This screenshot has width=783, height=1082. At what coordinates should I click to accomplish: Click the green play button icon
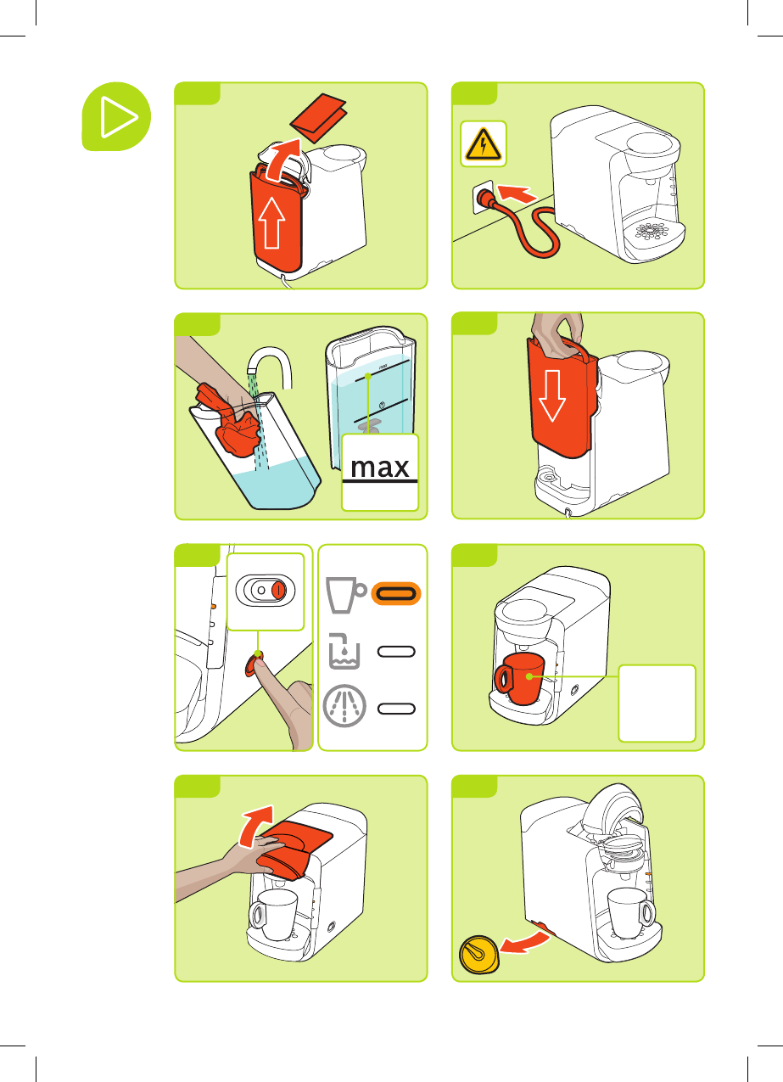[x=116, y=116]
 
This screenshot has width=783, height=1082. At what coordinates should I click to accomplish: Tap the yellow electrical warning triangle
[x=483, y=144]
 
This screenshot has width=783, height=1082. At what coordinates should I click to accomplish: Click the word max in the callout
[x=380, y=468]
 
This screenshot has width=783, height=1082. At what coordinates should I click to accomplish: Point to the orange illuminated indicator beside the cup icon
[x=396, y=593]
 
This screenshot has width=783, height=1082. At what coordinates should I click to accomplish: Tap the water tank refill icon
[x=344, y=651]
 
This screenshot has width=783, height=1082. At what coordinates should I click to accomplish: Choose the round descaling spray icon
[x=344, y=706]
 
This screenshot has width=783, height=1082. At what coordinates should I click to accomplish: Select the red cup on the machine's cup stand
[x=519, y=679]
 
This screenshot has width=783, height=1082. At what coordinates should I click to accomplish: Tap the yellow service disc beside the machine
[x=478, y=955]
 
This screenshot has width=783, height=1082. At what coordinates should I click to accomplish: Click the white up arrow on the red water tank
[x=271, y=222]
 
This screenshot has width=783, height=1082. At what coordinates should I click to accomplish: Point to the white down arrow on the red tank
[x=551, y=395]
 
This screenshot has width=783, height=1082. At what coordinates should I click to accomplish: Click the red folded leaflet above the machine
[x=319, y=117]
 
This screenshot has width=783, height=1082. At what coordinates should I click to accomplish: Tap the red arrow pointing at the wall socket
[x=517, y=193]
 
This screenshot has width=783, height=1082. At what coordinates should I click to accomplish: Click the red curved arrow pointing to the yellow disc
[x=525, y=942]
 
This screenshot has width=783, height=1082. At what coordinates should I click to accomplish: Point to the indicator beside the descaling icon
[x=396, y=709]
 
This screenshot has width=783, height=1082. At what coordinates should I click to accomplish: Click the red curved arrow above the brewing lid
[x=256, y=827]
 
